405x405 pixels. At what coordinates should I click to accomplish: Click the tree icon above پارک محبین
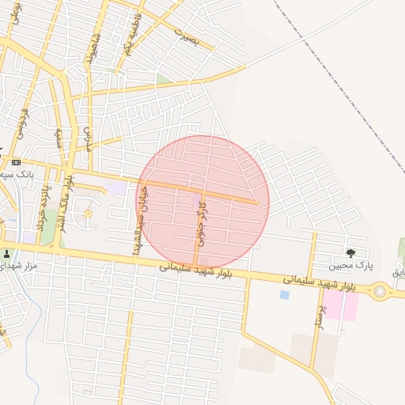pos(350,252)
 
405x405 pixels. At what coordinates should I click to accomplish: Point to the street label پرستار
pos(319,313)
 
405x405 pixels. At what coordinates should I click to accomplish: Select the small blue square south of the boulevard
pos(284,295)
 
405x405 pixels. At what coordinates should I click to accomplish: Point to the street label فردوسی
pos(21,123)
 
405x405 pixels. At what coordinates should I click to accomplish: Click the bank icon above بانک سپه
pos(17,162)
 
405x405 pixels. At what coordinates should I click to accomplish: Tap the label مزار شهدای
pos(20,269)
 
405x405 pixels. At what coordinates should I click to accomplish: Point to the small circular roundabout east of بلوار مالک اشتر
pos(88,214)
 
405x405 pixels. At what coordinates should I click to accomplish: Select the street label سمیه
pos(59,138)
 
